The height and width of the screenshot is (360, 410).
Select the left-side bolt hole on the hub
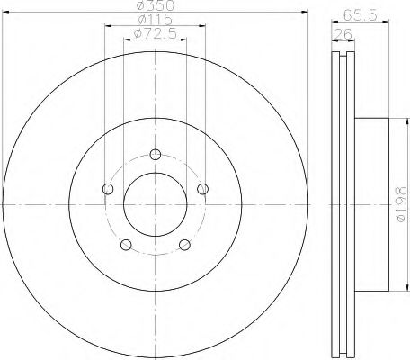point(108,188)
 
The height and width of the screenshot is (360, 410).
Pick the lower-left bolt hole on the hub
point(126,244)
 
